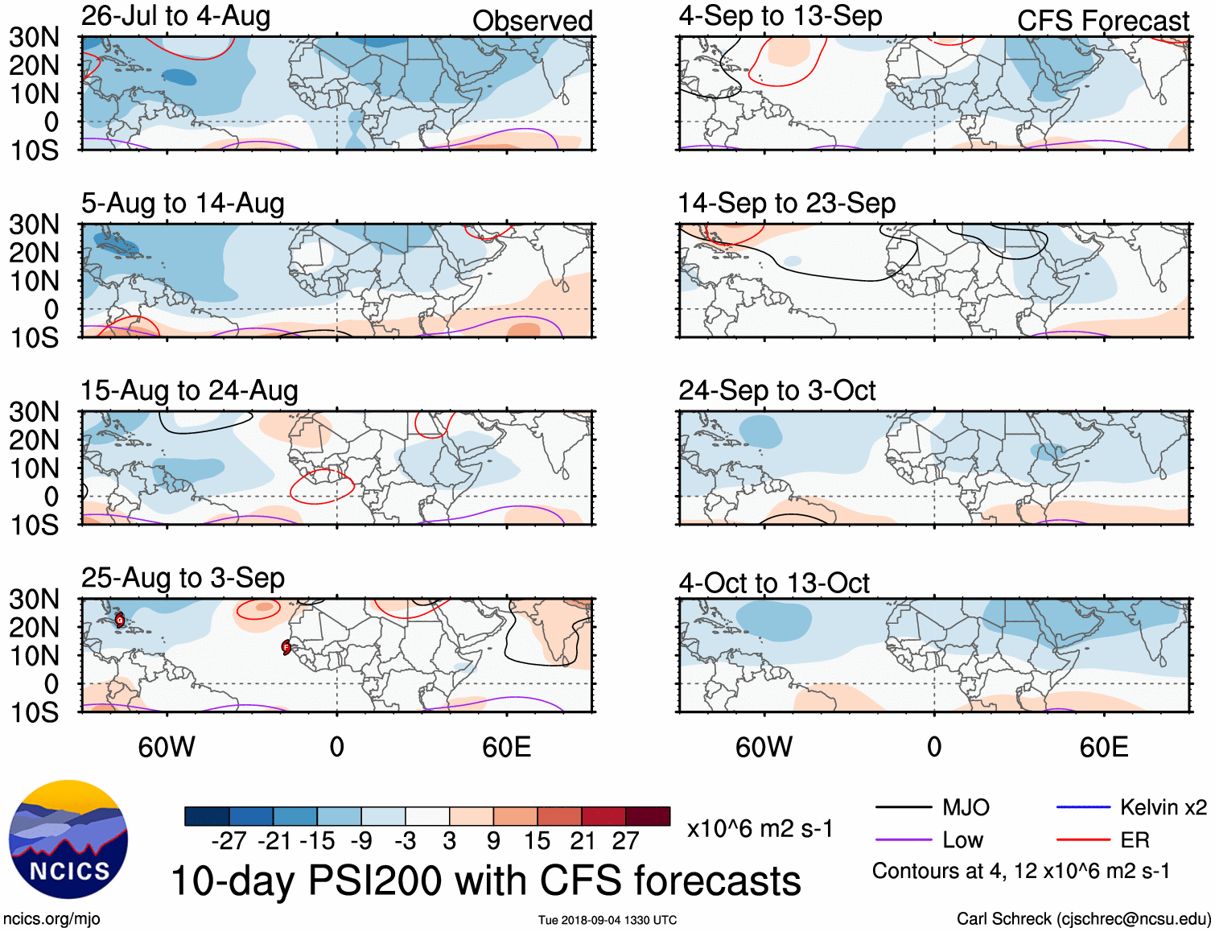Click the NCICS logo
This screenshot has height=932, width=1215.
pyautogui.click(x=68, y=839)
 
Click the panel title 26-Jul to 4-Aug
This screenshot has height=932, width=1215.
pyautogui.click(x=175, y=16)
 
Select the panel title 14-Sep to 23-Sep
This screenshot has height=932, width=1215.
pyautogui.click(x=786, y=203)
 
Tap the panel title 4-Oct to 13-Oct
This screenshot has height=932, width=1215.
pyautogui.click(x=774, y=583)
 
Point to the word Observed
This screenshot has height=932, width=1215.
pyautogui.click(x=532, y=21)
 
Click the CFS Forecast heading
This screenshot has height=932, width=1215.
pyautogui.click(x=1102, y=21)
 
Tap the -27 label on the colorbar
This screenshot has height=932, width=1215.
pyautogui.click(x=229, y=841)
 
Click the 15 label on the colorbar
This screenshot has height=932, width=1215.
pyautogui.click(x=537, y=841)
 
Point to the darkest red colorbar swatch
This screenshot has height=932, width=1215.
pyautogui.click(x=648, y=816)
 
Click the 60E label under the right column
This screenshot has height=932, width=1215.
pyautogui.click(x=1103, y=748)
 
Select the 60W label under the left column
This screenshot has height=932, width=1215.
pyautogui.click(x=167, y=748)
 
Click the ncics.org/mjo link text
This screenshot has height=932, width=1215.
pyautogui.click(x=51, y=919)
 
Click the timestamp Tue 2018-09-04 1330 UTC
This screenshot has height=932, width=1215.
pyautogui.click(x=607, y=920)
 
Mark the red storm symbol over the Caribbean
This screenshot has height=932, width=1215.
pyautogui.click(x=120, y=620)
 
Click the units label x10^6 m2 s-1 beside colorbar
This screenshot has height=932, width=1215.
pyautogui.click(x=760, y=828)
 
